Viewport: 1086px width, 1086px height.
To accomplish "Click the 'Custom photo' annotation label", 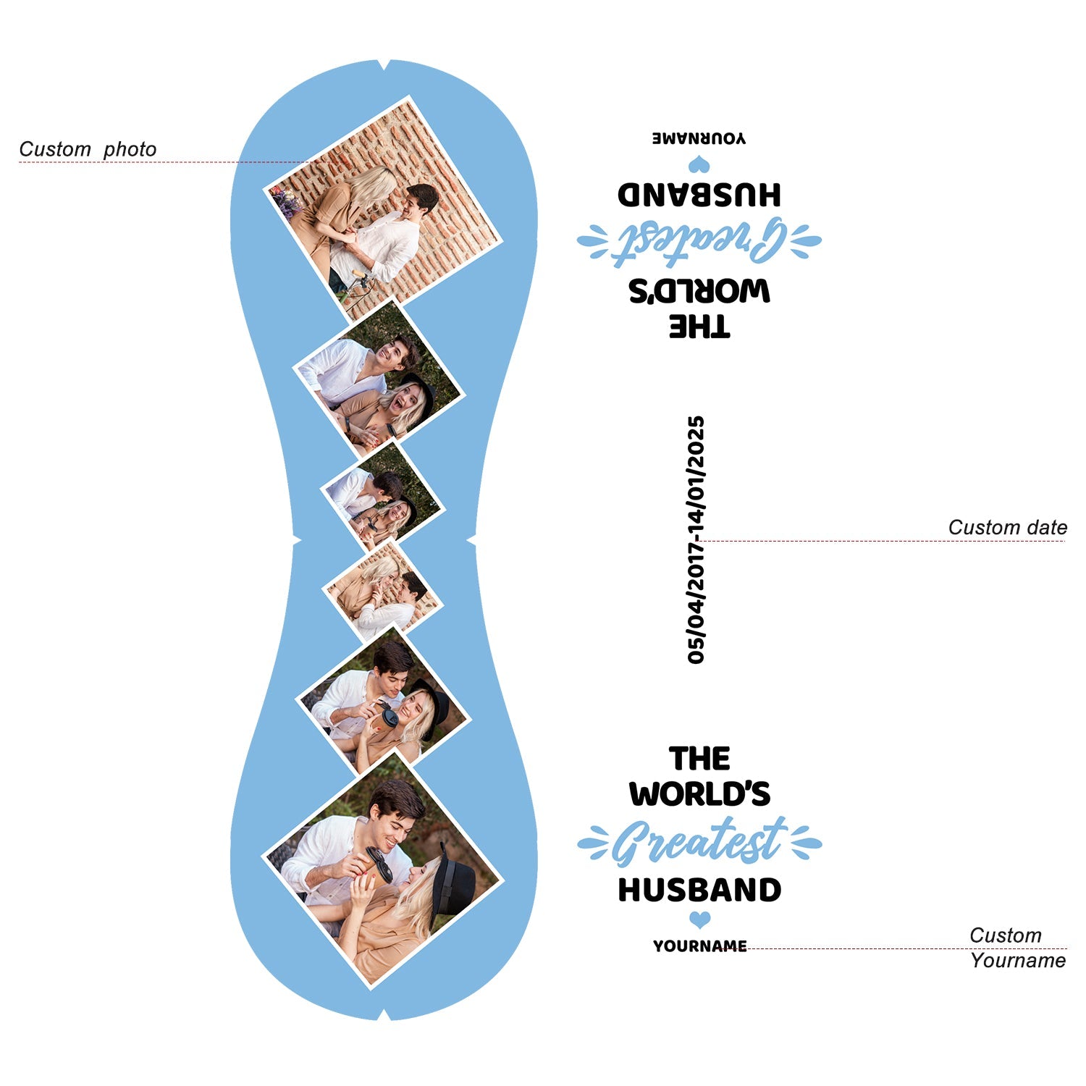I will click(x=88, y=149).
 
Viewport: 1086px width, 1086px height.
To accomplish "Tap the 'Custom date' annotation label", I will click(x=1007, y=527).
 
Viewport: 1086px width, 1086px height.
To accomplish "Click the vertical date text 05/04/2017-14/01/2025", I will click(x=696, y=540).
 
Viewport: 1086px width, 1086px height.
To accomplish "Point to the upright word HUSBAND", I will click(x=699, y=891).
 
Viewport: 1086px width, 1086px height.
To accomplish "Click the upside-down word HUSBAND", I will click(x=699, y=195).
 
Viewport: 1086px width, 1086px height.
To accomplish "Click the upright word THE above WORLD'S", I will click(x=699, y=759).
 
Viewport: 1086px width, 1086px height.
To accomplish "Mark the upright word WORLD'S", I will click(x=699, y=794).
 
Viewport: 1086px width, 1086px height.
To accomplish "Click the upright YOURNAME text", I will click(x=699, y=946).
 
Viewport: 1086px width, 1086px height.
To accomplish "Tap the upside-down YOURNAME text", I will click(x=699, y=138).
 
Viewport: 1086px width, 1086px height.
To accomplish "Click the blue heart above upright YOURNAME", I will click(x=699, y=920).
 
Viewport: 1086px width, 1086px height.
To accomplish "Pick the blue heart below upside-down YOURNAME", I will click(x=699, y=165).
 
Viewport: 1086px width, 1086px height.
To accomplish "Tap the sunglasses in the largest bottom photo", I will click(x=379, y=863).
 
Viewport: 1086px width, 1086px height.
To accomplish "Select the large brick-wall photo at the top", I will click(x=384, y=210).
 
